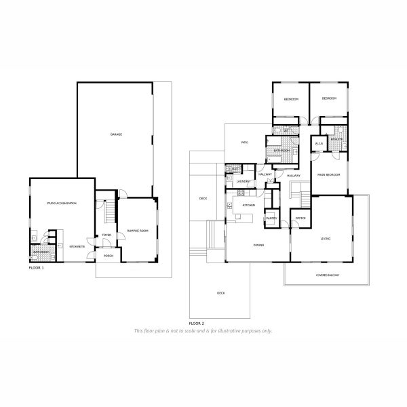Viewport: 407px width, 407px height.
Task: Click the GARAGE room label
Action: [x=117, y=135]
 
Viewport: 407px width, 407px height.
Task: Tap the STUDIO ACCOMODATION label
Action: [x=61, y=203]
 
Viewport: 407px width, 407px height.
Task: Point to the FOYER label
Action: [x=106, y=235]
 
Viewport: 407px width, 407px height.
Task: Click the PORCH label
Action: [x=109, y=256]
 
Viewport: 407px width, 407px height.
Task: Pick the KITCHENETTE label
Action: [x=77, y=247]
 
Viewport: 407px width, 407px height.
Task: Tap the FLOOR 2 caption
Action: [x=197, y=323]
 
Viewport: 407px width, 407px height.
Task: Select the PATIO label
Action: [x=246, y=143]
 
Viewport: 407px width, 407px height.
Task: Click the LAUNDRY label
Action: [x=243, y=182]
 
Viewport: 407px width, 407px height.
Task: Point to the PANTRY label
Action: [x=271, y=218]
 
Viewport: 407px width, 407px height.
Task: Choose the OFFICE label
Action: [x=300, y=218]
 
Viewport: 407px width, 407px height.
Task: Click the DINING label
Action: [x=258, y=245]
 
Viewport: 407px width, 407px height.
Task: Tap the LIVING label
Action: [x=326, y=239]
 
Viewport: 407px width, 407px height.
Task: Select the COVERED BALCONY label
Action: [x=327, y=275]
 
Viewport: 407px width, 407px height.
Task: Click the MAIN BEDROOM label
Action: [x=328, y=175]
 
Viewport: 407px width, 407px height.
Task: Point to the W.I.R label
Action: [x=319, y=144]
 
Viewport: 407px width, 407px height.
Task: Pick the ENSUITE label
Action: [x=336, y=138]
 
